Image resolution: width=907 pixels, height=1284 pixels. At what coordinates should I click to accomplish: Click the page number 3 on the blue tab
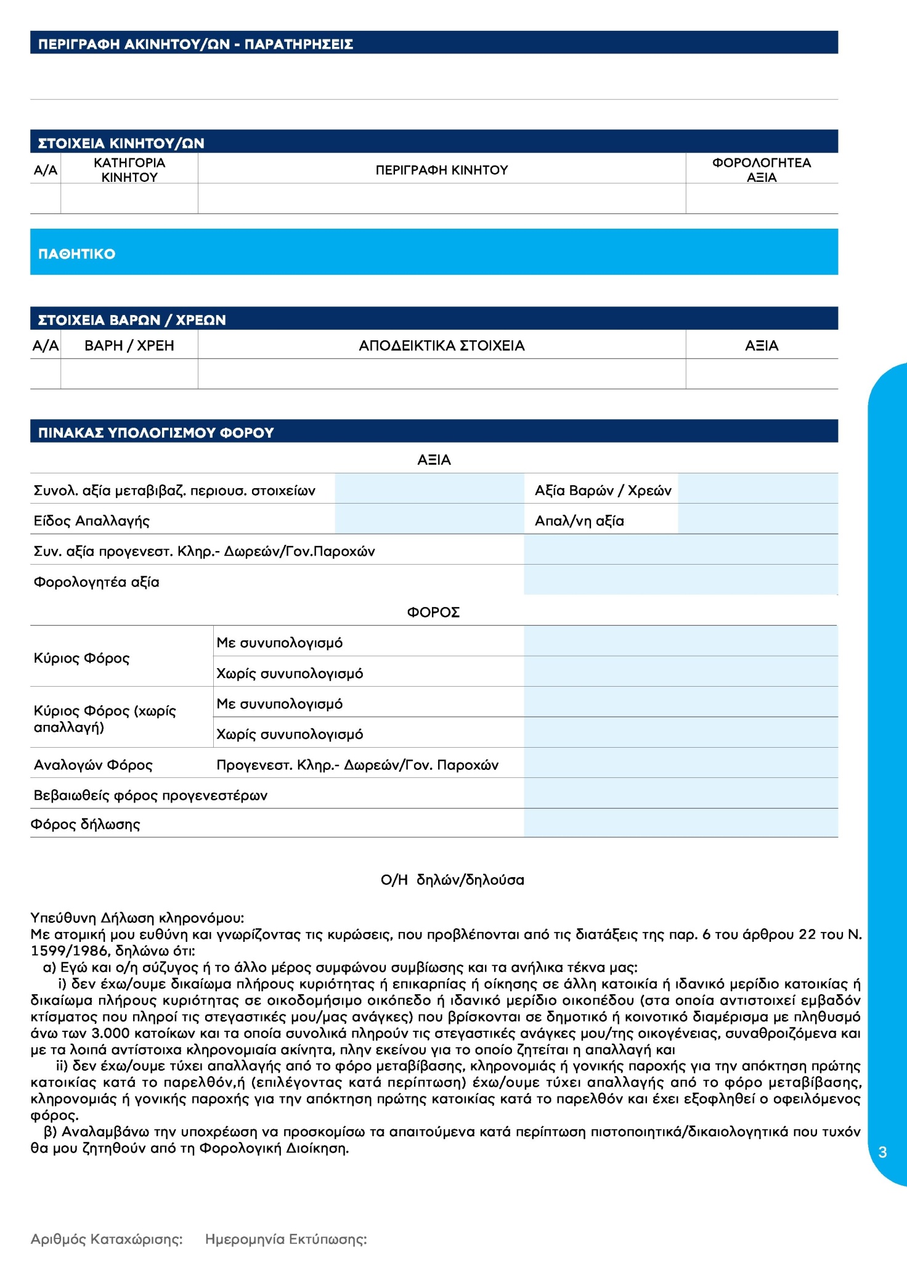882,1152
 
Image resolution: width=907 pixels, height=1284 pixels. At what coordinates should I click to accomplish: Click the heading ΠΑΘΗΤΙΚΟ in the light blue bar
77,254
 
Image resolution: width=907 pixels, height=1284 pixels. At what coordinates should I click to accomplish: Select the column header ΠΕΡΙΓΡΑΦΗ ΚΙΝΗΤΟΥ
442,170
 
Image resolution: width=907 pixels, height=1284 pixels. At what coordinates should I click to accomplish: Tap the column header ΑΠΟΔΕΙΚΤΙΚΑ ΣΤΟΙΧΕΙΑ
442,346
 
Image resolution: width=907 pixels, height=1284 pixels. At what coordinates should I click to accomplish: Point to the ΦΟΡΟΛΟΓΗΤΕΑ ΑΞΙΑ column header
762,170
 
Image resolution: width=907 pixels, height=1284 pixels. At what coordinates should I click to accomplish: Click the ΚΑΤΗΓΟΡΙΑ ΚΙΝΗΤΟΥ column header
129,170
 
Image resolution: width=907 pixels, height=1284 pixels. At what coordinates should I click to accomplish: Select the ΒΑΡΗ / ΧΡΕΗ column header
129,346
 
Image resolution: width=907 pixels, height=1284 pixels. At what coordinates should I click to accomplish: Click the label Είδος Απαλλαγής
92,521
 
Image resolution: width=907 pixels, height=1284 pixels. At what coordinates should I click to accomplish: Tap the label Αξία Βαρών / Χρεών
603,491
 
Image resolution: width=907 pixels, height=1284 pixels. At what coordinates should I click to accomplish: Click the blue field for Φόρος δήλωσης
680,824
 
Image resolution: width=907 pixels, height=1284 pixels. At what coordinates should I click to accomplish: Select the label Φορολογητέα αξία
97,582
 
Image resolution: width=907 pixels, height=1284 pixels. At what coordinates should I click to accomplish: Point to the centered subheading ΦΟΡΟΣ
433,612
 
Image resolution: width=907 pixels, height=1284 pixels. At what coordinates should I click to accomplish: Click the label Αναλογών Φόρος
93,765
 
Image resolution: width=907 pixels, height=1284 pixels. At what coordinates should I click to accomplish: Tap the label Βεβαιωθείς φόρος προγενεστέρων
150,795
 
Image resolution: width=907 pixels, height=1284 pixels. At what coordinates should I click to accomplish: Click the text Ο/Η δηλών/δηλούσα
452,880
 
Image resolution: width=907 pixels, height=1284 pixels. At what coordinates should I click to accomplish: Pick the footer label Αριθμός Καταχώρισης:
107,1239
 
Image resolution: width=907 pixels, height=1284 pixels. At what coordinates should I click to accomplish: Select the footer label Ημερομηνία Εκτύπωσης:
286,1239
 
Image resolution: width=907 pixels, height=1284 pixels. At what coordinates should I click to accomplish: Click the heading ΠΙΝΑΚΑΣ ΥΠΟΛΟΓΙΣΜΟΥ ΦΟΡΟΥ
156,433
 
